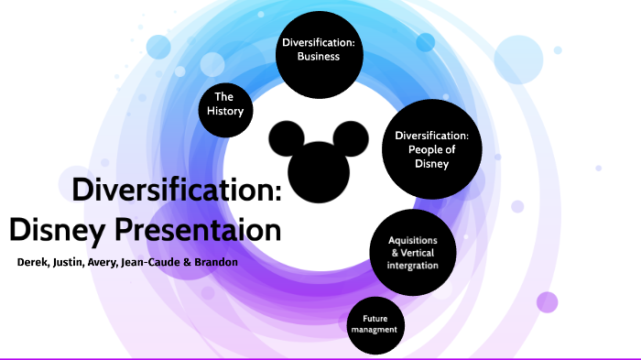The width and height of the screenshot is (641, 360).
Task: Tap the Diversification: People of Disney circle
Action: (x=430, y=149)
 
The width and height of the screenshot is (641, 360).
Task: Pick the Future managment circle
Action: (x=376, y=324)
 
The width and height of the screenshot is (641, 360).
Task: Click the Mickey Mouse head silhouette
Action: (x=318, y=156)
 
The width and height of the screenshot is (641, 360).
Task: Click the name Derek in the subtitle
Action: (x=34, y=262)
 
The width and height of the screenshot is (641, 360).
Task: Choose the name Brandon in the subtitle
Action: (x=216, y=262)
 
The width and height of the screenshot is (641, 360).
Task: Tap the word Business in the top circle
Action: (x=318, y=56)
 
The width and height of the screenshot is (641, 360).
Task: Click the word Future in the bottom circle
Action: (x=376, y=319)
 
